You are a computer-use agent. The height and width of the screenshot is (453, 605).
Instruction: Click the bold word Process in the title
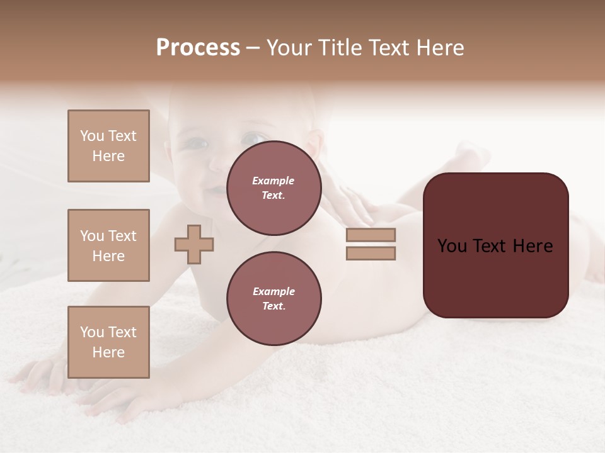pyautogui.click(x=198, y=48)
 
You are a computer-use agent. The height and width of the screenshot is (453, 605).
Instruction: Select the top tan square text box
pyautogui.click(x=108, y=146)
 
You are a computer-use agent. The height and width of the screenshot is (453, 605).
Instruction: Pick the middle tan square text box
pyautogui.click(x=108, y=245)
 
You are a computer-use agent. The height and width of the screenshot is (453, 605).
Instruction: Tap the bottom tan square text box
pyautogui.click(x=108, y=342)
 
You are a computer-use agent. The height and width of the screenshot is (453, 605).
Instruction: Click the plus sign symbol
pyautogui.click(x=194, y=244)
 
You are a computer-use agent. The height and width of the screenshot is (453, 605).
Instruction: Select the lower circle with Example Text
pyautogui.click(x=274, y=298)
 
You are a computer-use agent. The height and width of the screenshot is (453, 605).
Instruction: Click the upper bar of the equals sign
pyautogui.click(x=371, y=235)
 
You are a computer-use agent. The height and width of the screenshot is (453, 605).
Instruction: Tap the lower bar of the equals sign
pyautogui.click(x=371, y=253)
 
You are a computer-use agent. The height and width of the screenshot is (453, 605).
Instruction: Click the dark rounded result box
pyautogui.click(x=495, y=245)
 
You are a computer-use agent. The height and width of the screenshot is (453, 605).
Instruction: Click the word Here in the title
pyautogui.click(x=439, y=48)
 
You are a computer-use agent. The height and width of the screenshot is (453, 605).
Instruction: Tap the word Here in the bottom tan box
pyautogui.click(x=108, y=352)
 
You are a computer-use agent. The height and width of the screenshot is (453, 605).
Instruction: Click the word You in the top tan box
pyautogui.click(x=91, y=136)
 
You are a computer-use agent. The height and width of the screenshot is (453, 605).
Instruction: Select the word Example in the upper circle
pyautogui.click(x=274, y=181)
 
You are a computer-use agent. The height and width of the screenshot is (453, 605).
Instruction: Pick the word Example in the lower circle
pyautogui.click(x=274, y=291)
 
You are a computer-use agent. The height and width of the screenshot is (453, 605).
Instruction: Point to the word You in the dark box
pyautogui.click(x=452, y=246)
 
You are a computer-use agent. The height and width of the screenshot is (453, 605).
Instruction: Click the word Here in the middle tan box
pyautogui.click(x=108, y=256)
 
